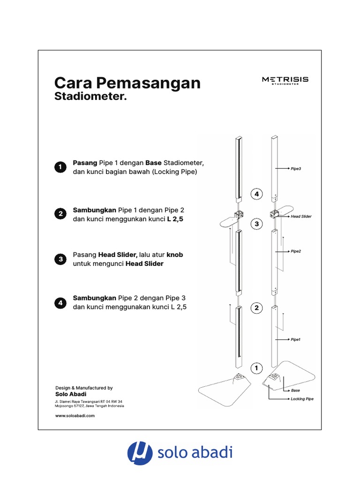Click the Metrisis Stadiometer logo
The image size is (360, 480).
[x=285, y=81]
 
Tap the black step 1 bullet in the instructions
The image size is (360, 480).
[x=60, y=167]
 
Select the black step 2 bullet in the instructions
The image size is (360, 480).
[x=60, y=214]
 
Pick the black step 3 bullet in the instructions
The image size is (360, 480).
[x=60, y=259]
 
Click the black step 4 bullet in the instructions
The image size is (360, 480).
[x=60, y=303]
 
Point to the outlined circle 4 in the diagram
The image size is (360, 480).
[x=256, y=194]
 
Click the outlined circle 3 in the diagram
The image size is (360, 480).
[x=256, y=224]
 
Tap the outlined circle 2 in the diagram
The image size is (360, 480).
[x=256, y=308]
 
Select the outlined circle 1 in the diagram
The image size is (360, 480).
[x=256, y=368]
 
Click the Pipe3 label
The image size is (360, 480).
[x=296, y=168]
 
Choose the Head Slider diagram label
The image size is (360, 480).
[x=301, y=217]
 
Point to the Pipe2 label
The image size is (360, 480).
[x=296, y=251]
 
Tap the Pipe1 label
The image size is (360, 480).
[x=295, y=339]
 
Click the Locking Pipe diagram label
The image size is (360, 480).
[x=302, y=399]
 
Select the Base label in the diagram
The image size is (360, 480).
[x=295, y=390]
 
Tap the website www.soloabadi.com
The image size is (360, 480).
[x=75, y=416]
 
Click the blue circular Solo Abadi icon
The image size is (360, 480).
[x=140, y=453]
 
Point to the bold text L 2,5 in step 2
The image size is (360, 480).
[x=175, y=219]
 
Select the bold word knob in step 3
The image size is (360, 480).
[x=175, y=255]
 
